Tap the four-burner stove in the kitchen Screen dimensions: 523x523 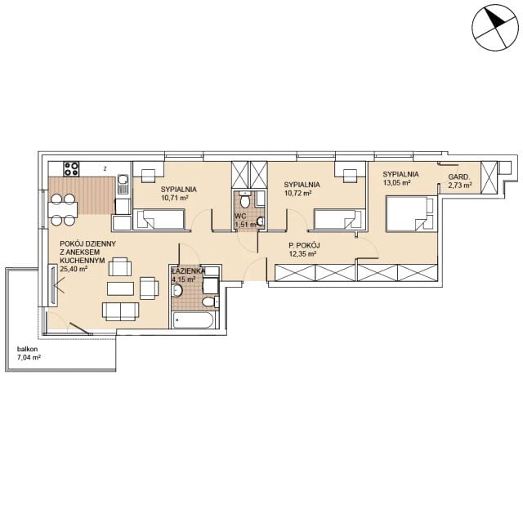point(72,169)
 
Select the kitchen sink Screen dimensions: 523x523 point(123,185)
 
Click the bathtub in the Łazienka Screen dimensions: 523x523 point(193,320)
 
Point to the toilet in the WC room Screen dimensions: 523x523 point(245,199)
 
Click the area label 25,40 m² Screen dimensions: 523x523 point(74,269)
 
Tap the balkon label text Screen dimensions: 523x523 point(27,349)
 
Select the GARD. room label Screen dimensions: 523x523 point(459,177)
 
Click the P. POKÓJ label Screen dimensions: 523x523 point(304,246)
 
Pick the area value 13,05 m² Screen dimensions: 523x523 point(396,182)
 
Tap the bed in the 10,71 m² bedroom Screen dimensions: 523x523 point(159,219)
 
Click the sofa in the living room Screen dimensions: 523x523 point(120,311)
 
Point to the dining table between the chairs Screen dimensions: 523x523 point(63,209)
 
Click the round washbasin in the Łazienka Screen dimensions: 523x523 point(177,291)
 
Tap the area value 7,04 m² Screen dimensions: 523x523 point(29,358)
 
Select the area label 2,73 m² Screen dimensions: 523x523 point(460,186)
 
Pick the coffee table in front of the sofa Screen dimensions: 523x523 point(120,288)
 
